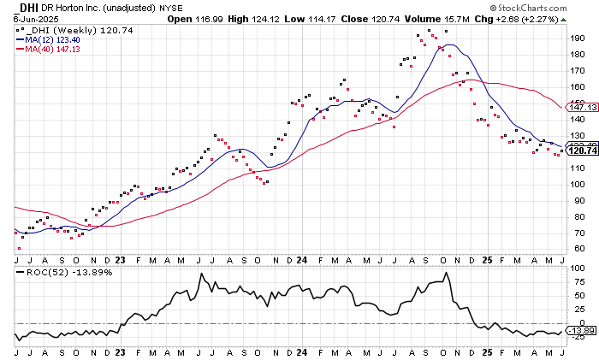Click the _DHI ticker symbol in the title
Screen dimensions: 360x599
(x=24, y=8)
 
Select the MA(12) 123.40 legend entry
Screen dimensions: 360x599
(x=58, y=38)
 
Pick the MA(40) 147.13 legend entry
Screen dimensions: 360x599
(x=58, y=49)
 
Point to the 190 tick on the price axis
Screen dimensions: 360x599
(x=579, y=38)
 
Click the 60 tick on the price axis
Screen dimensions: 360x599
(x=578, y=249)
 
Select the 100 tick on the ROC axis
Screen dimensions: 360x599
(x=578, y=269)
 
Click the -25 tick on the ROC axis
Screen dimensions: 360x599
(x=579, y=337)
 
